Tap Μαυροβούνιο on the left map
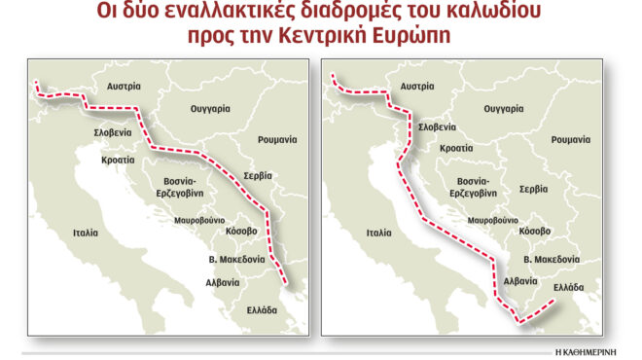point(199,221)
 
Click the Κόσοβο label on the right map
point(535,231)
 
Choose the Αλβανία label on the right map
point(517,280)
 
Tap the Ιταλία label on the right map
point(379,234)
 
